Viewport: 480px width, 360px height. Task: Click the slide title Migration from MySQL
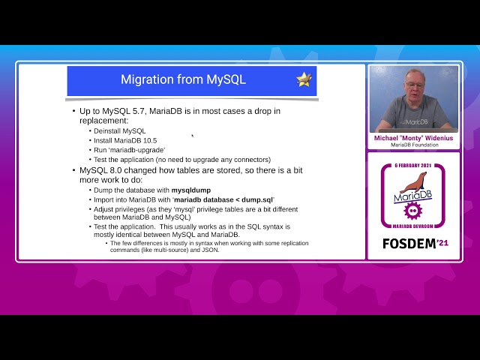183,79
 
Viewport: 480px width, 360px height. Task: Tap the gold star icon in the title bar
304,79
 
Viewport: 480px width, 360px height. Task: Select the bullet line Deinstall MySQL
119,130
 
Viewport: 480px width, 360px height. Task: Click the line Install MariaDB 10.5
125,140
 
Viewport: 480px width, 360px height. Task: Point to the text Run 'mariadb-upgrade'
129,150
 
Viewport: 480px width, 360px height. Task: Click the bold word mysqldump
196,190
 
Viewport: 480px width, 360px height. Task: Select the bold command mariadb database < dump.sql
223,199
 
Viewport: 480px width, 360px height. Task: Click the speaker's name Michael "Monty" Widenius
413,138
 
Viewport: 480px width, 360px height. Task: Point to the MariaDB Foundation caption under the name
413,145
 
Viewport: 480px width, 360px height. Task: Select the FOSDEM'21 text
413,244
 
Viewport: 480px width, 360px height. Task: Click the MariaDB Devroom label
413,226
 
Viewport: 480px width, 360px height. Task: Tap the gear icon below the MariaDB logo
413,211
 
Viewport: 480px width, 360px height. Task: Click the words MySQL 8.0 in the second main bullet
103,170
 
